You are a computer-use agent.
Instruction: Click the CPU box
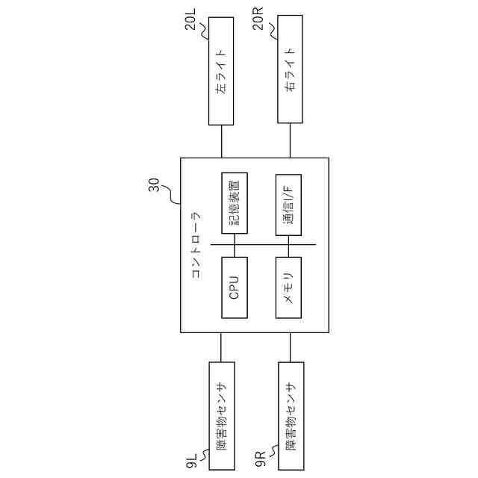click(x=235, y=288)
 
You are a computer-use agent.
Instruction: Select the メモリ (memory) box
click(x=288, y=288)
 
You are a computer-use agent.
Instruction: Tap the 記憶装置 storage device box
click(x=235, y=204)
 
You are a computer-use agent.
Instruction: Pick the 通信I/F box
click(x=288, y=204)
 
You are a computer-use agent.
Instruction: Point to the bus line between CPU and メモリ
click(x=261, y=245)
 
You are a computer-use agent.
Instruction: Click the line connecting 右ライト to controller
click(x=291, y=140)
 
